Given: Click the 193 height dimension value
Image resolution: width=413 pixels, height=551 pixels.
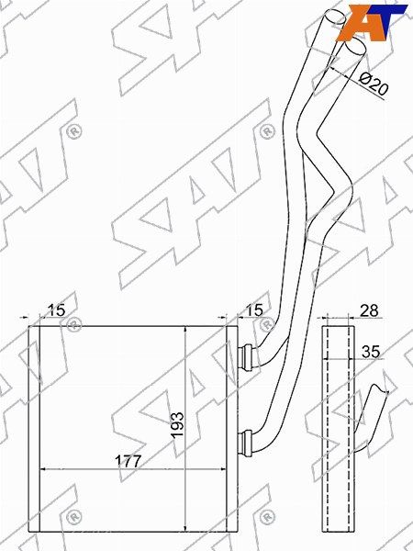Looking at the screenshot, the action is tap(178, 424).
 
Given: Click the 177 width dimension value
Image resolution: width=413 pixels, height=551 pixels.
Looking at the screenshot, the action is tap(128, 461).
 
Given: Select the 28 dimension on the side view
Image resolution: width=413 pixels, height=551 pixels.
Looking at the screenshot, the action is tap(370, 310).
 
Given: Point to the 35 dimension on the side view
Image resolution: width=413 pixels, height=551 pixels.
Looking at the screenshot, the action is tap(371, 352).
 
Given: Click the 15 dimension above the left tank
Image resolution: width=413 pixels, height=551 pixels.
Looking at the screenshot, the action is tap(57, 310).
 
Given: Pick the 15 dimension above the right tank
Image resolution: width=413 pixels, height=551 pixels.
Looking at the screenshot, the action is tap(254, 310).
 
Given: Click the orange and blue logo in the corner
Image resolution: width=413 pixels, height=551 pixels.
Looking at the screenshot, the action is tap(372, 22).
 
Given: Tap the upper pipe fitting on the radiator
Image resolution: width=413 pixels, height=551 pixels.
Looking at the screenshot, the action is tap(246, 356).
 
